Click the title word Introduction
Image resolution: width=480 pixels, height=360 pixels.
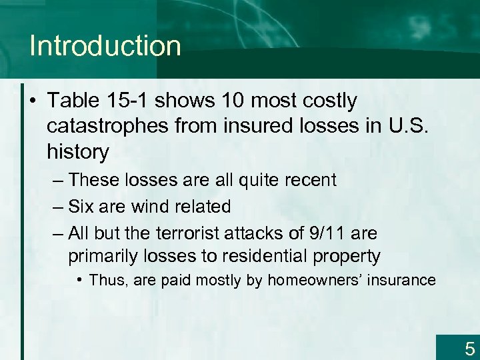coord(105,46)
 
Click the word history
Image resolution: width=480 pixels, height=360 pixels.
coord(77,152)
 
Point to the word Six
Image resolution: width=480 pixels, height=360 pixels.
coord(83,207)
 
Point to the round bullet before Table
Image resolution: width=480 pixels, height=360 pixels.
coord(33,102)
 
